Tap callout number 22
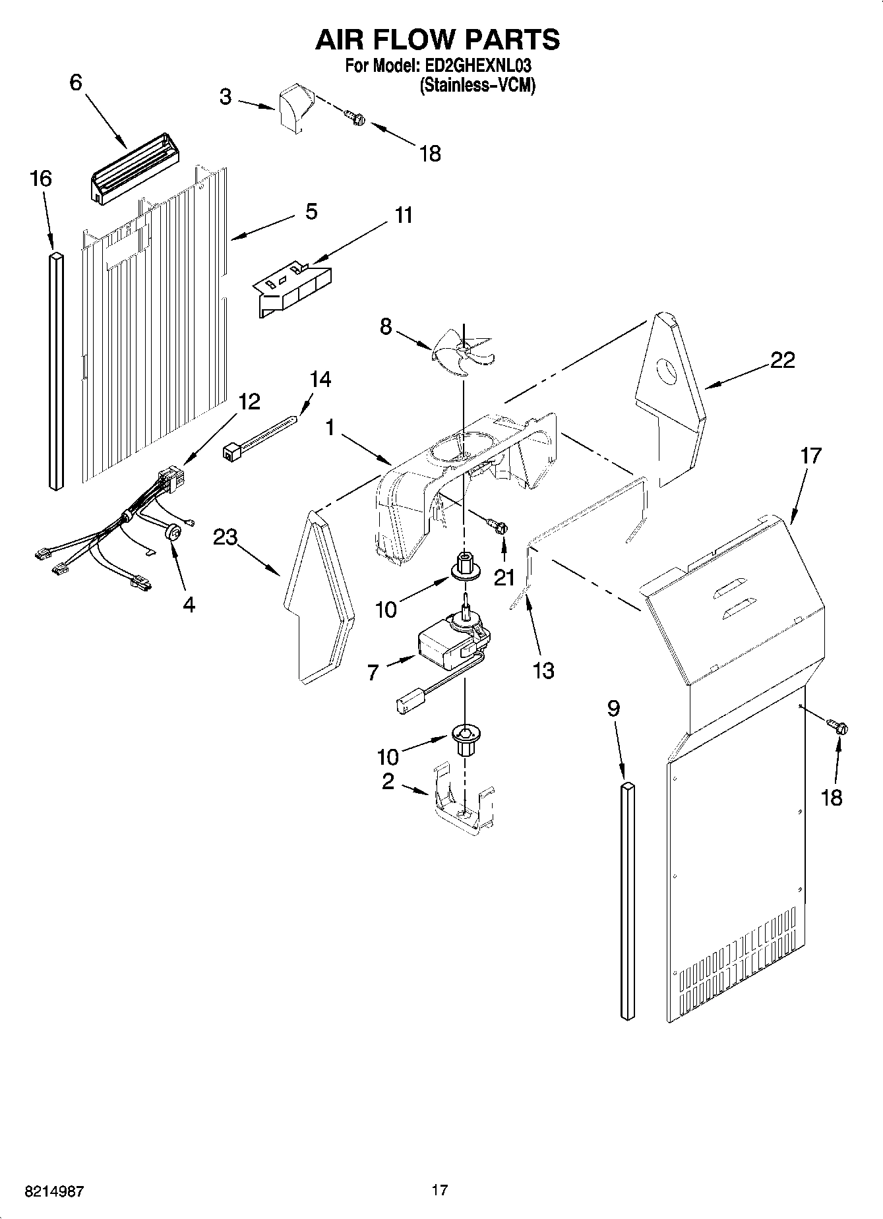pos(782,361)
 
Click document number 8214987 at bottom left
pos(54,1192)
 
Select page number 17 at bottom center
pos(440,1190)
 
